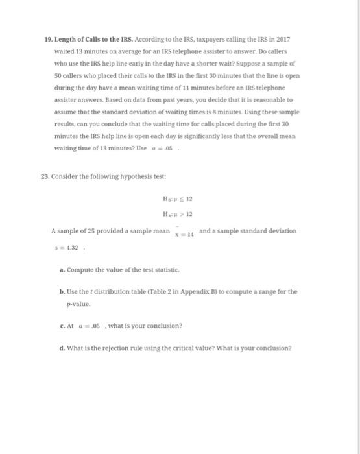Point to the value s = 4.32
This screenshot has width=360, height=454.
[64, 247]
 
